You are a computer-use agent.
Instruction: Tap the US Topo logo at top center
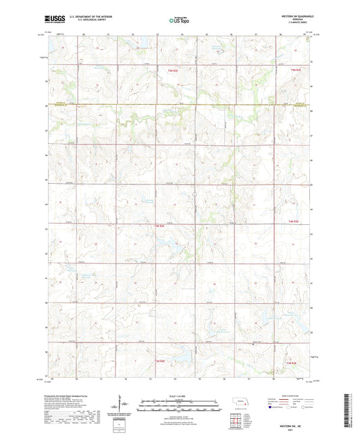179,20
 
